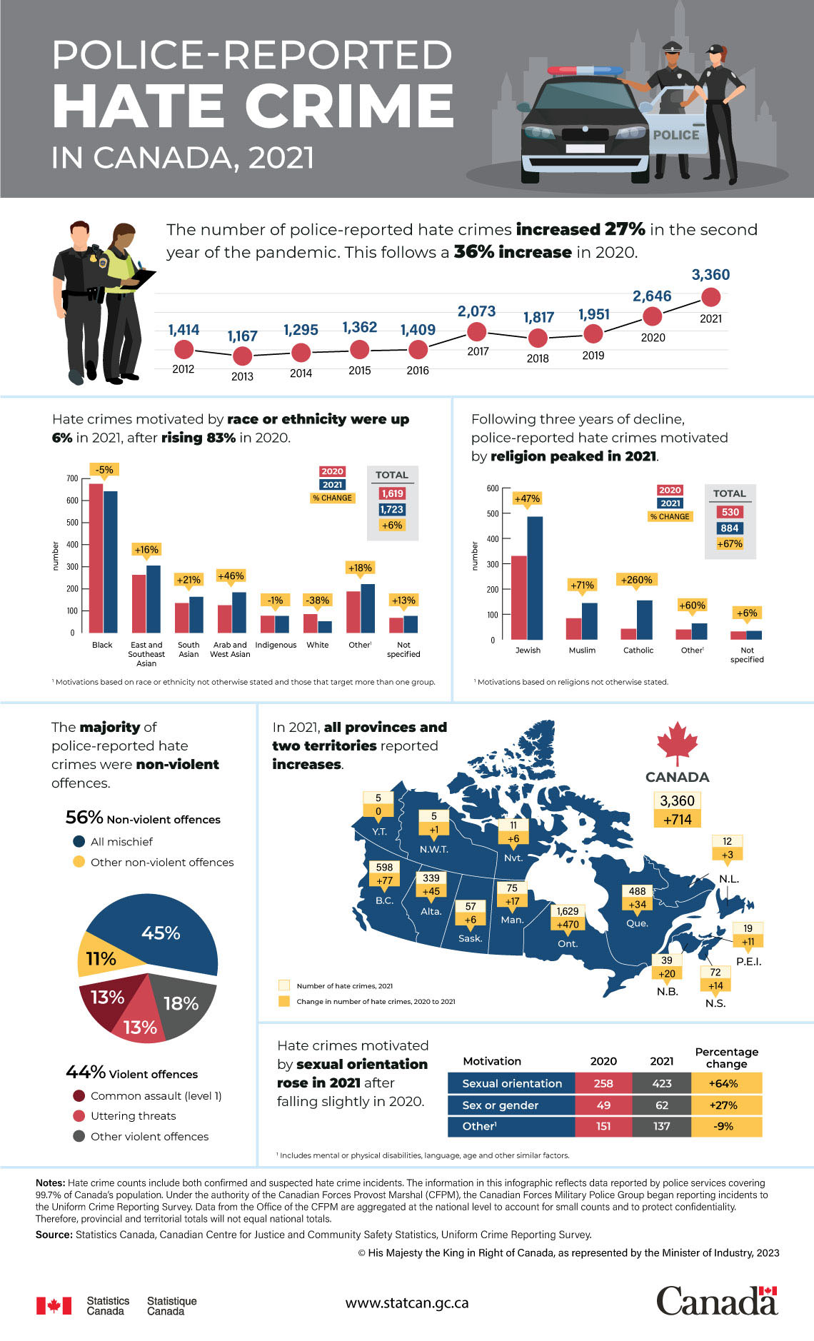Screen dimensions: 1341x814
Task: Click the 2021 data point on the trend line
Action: tap(710, 296)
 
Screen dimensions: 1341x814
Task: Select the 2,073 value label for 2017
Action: tap(476, 311)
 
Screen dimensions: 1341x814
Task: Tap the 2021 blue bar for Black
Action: tap(111, 561)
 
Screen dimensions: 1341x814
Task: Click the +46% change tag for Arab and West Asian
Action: tap(231, 576)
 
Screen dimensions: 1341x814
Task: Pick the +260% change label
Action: tap(635, 580)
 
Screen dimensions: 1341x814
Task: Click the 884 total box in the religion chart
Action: tap(729, 528)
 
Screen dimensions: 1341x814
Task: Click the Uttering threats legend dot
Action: tap(79, 1116)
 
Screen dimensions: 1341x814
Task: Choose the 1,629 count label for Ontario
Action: tap(568, 911)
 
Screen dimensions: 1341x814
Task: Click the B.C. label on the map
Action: tap(384, 900)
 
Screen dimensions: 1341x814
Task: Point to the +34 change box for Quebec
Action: tap(638, 904)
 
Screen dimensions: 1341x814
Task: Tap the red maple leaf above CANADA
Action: tap(677, 743)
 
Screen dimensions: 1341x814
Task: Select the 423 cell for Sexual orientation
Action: tap(661, 1083)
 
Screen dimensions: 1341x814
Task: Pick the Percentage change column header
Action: tap(726, 1058)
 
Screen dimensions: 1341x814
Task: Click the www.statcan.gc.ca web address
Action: tap(407, 1302)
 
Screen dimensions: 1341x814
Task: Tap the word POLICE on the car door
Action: tap(675, 135)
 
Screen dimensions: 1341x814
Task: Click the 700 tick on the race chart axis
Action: tap(72, 478)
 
